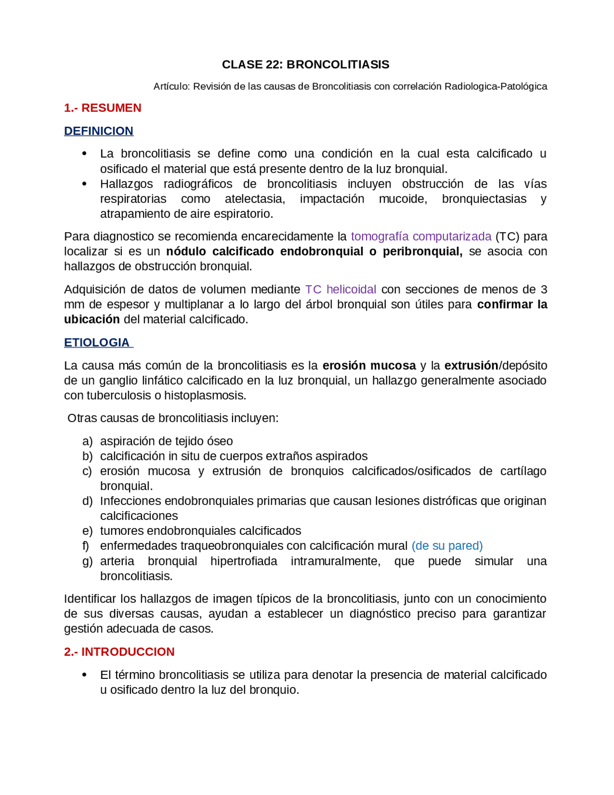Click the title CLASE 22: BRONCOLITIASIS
click(x=306, y=64)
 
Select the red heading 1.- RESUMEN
click(x=103, y=108)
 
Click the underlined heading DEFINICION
click(x=99, y=131)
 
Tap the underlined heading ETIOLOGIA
click(x=97, y=342)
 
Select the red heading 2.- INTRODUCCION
click(x=119, y=651)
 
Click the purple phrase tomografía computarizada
click(x=421, y=236)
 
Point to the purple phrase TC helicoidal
click(x=341, y=289)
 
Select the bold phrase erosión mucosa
click(x=369, y=365)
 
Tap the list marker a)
click(x=87, y=441)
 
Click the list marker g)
click(x=87, y=561)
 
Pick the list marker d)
click(x=87, y=501)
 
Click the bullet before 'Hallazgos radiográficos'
click(x=84, y=184)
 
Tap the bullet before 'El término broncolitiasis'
click(x=84, y=675)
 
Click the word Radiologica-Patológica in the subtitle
click(x=496, y=86)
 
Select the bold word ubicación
click(x=92, y=319)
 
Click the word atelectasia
click(x=255, y=199)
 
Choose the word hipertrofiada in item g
click(x=244, y=561)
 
